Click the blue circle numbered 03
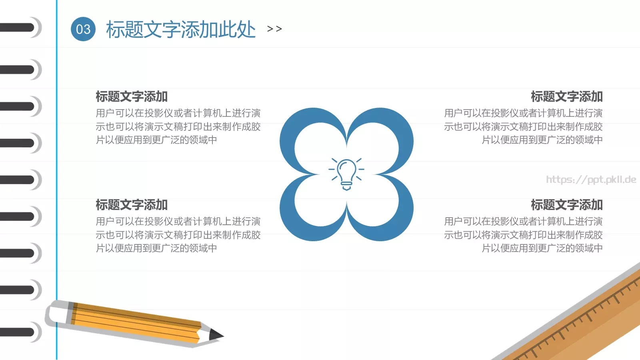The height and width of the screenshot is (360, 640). point(83,29)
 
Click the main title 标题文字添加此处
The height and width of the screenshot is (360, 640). point(180,30)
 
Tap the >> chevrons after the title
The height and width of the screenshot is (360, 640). point(274,29)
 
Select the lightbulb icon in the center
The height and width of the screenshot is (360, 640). point(346,174)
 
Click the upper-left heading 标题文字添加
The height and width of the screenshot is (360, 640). point(132,96)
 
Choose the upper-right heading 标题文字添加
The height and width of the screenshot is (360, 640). point(566,96)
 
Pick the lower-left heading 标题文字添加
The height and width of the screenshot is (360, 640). point(132,205)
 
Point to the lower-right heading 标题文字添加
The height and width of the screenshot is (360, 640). point(566,205)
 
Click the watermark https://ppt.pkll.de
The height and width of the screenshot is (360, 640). point(591,180)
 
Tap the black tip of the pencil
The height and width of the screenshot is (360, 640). point(216,335)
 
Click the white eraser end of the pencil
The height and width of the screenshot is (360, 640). point(56,312)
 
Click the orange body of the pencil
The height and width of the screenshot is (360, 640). point(136,322)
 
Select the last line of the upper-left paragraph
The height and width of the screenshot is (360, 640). point(156,140)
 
